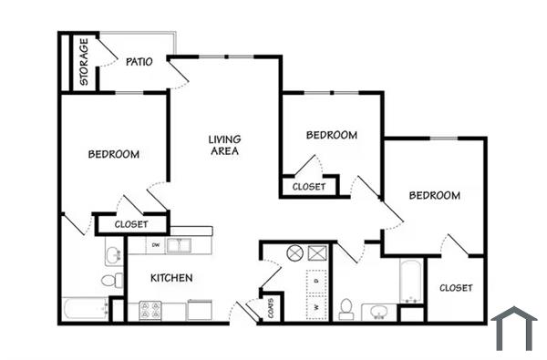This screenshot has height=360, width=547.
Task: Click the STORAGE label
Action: [x=84, y=62]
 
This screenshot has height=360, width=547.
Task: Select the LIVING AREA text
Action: [x=224, y=145]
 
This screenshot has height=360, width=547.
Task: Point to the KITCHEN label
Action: [x=171, y=278]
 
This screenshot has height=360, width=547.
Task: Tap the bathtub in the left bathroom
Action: [x=85, y=309]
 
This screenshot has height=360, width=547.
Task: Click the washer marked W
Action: [x=316, y=307]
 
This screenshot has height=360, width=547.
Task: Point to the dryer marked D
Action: [x=316, y=282]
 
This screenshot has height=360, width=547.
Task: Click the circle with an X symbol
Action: [x=294, y=253]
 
